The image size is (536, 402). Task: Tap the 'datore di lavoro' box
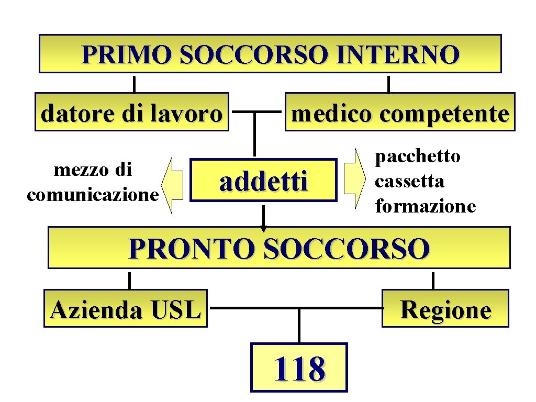click(x=132, y=113)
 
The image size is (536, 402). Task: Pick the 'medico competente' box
click(x=399, y=113)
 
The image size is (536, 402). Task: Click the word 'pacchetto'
click(x=418, y=156)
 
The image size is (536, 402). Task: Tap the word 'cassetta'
click(x=410, y=181)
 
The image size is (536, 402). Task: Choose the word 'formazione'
click(x=426, y=206)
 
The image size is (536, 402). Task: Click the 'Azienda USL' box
click(x=126, y=309)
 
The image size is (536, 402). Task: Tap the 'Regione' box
click(x=445, y=309)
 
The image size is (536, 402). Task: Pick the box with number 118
click(x=299, y=367)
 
